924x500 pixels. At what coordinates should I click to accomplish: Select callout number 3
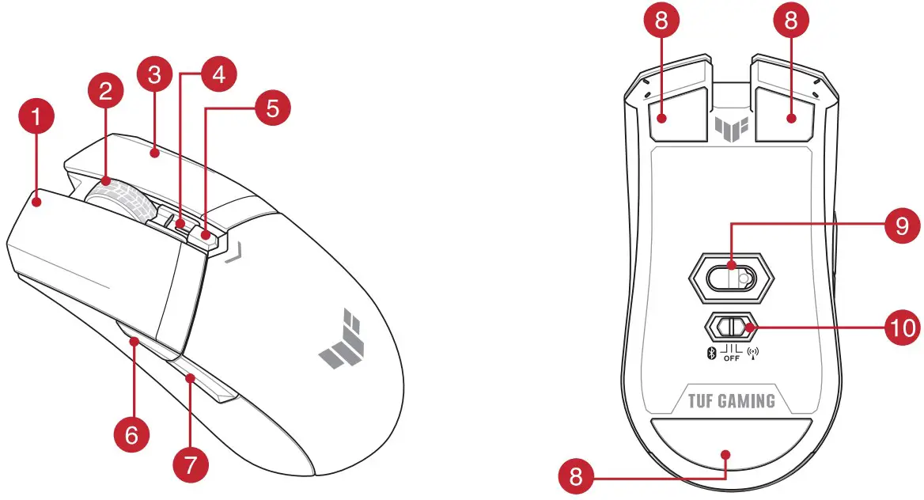pos(155,76)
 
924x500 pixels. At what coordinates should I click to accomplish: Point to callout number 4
pos(218,76)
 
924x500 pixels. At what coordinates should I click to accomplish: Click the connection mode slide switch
pos(729,327)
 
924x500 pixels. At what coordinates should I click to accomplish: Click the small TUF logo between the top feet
pos(728,127)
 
